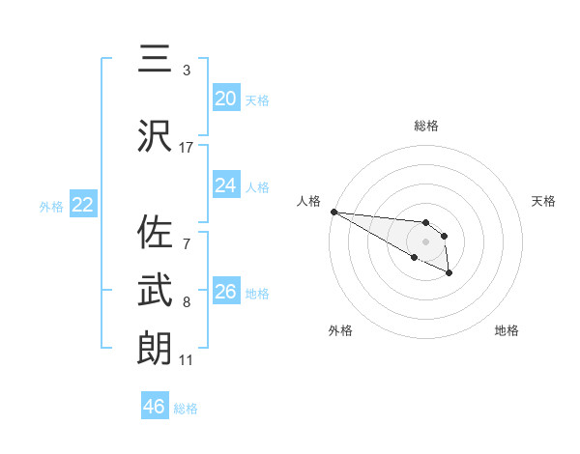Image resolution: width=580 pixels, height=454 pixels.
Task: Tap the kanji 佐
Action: tap(156, 234)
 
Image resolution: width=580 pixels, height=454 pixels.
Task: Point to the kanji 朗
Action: tap(156, 347)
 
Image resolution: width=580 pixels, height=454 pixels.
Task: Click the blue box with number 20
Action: tap(225, 98)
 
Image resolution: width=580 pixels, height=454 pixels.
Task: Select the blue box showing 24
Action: tap(225, 185)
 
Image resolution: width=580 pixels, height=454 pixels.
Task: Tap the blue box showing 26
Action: tap(225, 292)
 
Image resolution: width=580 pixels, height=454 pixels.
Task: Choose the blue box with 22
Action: tap(82, 205)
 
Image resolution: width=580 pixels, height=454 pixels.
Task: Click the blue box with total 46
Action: tap(154, 407)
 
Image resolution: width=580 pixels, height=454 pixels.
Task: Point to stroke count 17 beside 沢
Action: tap(187, 148)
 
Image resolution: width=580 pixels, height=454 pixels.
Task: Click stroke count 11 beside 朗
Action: tap(187, 360)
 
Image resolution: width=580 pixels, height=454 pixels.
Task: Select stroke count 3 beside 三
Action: tap(187, 71)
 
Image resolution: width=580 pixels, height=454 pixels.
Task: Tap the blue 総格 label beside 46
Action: tap(186, 409)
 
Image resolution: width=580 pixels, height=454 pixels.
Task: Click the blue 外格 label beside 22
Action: tap(51, 206)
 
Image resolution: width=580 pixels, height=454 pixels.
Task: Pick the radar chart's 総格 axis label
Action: tap(425, 126)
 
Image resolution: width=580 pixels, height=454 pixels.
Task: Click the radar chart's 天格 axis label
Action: tap(543, 201)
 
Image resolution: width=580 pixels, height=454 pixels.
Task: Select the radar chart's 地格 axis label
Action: tap(506, 330)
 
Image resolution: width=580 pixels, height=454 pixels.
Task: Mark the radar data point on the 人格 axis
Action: tap(333, 212)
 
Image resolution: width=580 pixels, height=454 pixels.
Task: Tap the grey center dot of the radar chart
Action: tap(425, 241)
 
